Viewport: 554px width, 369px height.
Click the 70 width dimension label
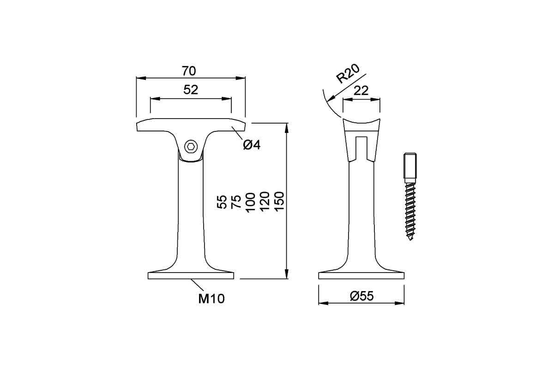[x=189, y=71]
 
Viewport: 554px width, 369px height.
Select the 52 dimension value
[x=190, y=90]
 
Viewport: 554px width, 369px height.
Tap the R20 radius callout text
[x=347, y=73]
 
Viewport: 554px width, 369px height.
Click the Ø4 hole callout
[x=252, y=145]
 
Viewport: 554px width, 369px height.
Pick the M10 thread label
[x=211, y=299]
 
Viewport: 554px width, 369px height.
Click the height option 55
[x=222, y=202]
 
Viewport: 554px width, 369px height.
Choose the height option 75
[x=236, y=202]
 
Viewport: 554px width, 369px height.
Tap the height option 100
[x=250, y=202]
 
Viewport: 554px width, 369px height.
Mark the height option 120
[x=265, y=202]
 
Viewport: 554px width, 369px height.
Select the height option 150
[x=279, y=202]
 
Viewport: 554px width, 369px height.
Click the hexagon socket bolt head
[x=191, y=147]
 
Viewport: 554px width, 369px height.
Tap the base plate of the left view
[x=191, y=276]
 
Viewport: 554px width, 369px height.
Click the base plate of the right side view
[x=361, y=276]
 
